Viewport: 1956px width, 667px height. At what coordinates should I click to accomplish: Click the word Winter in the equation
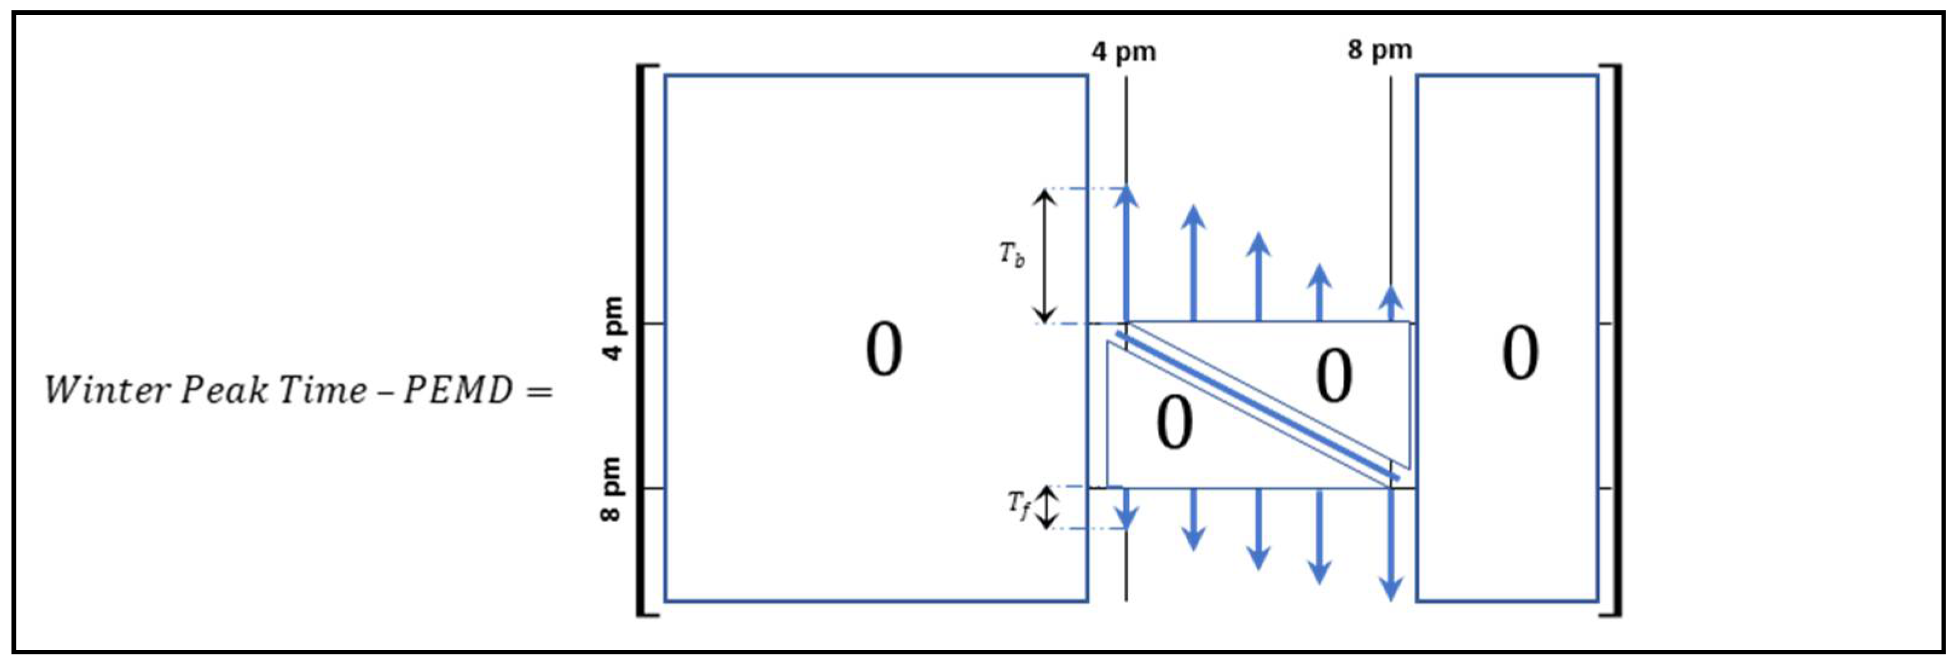tap(107, 390)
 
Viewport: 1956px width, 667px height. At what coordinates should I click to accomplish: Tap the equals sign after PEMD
tap(539, 392)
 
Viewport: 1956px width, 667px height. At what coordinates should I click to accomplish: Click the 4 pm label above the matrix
tap(1124, 53)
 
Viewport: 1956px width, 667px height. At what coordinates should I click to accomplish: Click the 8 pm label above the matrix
tap(1380, 50)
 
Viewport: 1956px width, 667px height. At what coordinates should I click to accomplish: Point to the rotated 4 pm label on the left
tap(612, 328)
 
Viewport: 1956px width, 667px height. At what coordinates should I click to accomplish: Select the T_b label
tap(1011, 254)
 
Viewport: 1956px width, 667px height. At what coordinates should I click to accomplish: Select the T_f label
tap(1019, 505)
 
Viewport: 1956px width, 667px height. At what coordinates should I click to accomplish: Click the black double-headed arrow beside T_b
tap(1046, 255)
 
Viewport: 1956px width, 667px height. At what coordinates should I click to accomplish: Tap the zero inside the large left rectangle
tap(884, 349)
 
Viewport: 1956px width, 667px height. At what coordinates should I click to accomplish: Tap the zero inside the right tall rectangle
tap(1520, 353)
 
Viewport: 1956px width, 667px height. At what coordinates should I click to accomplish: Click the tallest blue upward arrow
tap(1126, 254)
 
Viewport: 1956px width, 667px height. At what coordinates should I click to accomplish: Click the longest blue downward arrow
tap(1391, 543)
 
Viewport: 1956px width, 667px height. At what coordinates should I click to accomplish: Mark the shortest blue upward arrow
tap(1391, 304)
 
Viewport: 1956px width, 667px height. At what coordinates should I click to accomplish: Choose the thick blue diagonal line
tap(1256, 405)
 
